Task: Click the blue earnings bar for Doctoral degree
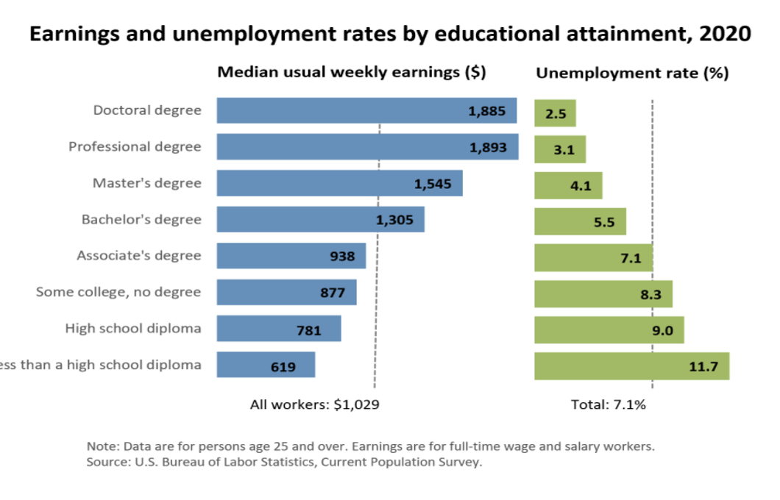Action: (x=338, y=110)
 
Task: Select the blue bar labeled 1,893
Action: (x=338, y=147)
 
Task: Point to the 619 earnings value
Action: (x=283, y=366)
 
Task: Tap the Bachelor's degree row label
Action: (x=141, y=219)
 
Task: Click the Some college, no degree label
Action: (x=118, y=292)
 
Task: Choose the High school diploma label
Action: (x=133, y=328)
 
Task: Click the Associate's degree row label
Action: (x=139, y=255)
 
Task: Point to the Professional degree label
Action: (x=135, y=146)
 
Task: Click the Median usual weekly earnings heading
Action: (x=351, y=72)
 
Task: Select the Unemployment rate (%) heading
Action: (x=632, y=73)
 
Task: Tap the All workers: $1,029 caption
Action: (x=315, y=404)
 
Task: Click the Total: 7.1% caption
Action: (x=609, y=404)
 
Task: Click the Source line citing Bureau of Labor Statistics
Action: (x=284, y=463)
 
